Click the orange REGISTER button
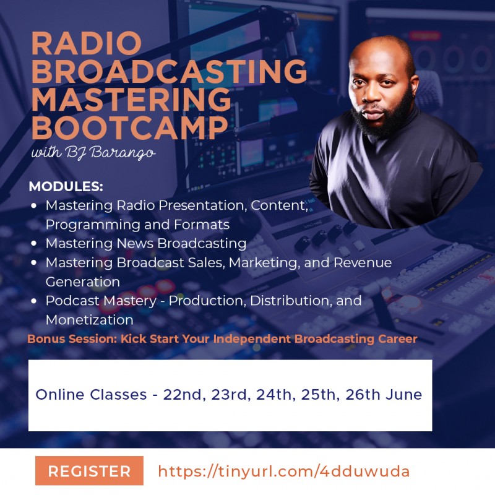(89, 471)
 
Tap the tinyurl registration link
(283, 471)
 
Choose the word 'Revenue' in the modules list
(363, 262)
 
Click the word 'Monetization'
(89, 320)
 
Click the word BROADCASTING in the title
(168, 72)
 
